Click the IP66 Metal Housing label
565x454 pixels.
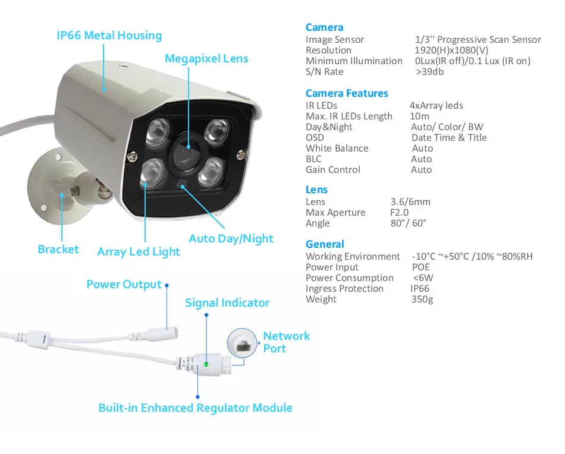(109, 36)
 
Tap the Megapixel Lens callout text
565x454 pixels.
(206, 59)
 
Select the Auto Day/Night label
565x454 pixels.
(231, 239)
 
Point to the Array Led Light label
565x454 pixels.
(139, 252)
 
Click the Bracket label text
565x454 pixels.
(58, 250)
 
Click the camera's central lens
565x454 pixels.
(187, 152)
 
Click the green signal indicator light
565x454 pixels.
(206, 363)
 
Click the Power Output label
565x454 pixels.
(124, 285)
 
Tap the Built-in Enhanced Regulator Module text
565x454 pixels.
(195, 408)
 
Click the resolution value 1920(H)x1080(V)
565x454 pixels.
(451, 51)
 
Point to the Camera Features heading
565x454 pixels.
(347, 93)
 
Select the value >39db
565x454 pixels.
(429, 72)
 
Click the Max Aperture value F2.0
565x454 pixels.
(400, 213)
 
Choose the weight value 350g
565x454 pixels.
(422, 299)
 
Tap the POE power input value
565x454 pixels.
(420, 267)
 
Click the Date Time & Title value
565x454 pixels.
(449, 138)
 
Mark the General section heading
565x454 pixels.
(325, 244)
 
